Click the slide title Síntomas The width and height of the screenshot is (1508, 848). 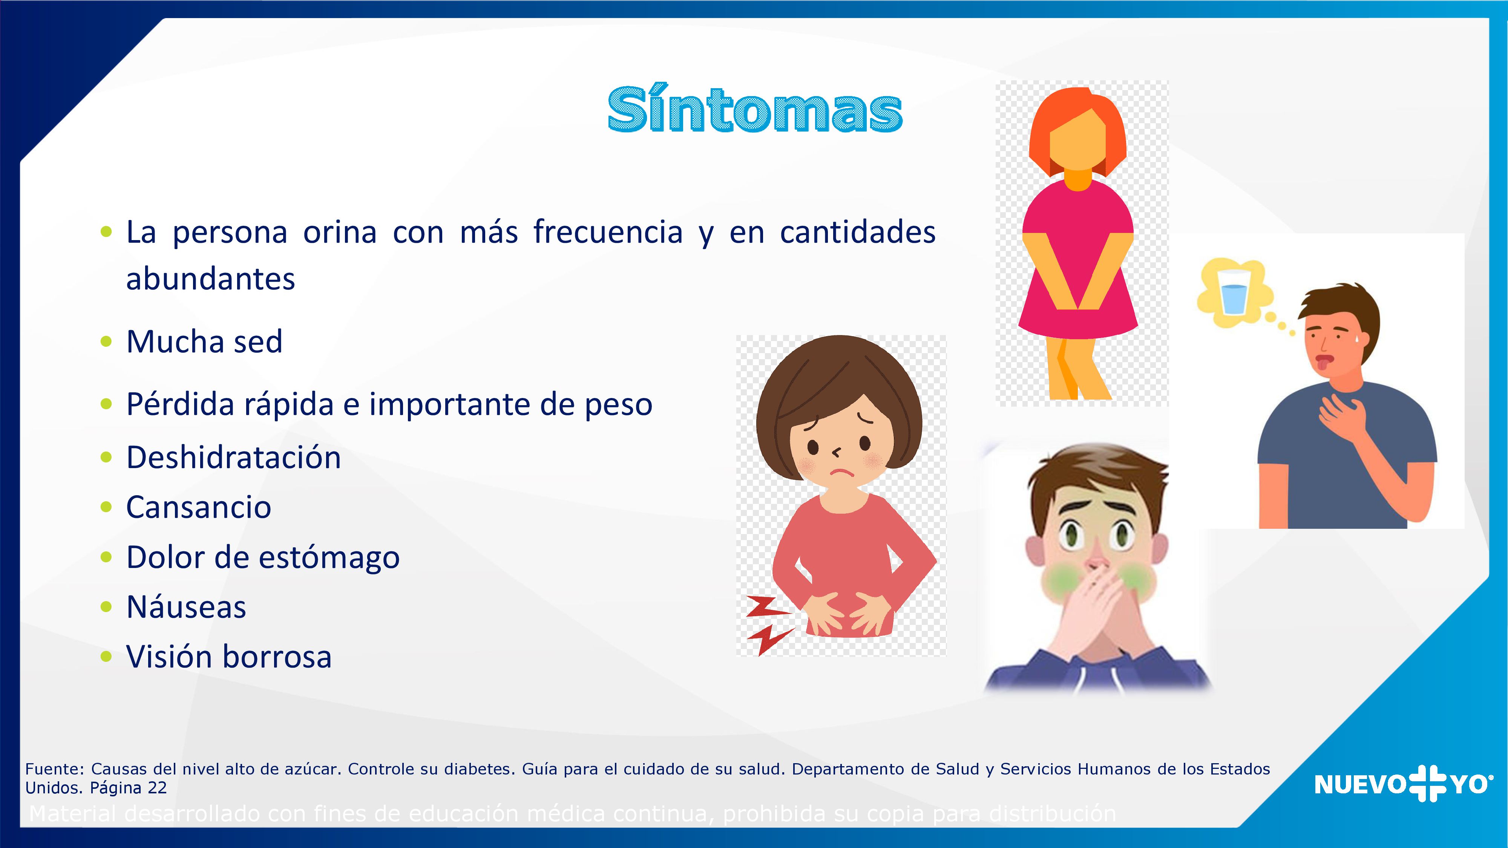point(755,110)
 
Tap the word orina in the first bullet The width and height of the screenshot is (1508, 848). point(340,232)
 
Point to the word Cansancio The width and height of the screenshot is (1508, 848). point(198,507)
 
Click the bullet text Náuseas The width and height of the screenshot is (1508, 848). point(186,607)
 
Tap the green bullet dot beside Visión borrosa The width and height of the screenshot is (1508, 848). point(106,657)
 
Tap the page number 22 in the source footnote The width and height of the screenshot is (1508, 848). point(157,788)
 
